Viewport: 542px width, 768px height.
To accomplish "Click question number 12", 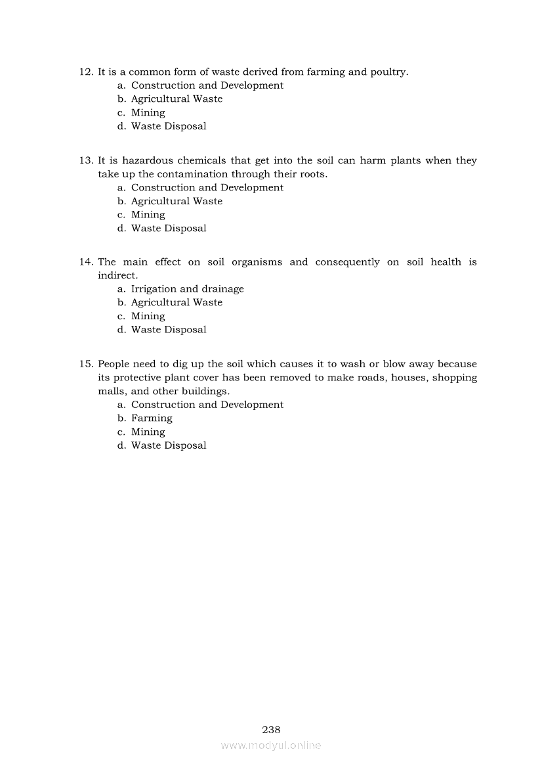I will pyautogui.click(x=87, y=72).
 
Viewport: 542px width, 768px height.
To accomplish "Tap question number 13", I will pyautogui.click(x=87, y=160).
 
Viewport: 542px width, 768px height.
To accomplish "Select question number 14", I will pyautogui.click(x=87, y=262).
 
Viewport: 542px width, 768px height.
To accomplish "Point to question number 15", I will pyautogui.click(x=87, y=364).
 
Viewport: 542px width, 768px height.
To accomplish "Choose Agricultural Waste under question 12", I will pyautogui.click(x=177, y=99).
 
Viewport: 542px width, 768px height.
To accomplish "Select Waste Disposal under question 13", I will pyautogui.click(x=169, y=229).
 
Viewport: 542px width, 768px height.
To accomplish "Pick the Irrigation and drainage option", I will pyautogui.click(x=187, y=289).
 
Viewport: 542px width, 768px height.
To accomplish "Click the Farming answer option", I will pyautogui.click(x=152, y=418).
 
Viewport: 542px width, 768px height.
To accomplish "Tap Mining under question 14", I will pyautogui.click(x=148, y=317).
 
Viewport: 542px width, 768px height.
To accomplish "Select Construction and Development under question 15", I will pyautogui.click(x=207, y=405).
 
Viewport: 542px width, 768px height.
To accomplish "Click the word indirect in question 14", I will pyautogui.click(x=117, y=276).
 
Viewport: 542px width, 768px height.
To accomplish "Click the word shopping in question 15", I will pyautogui.click(x=455, y=378).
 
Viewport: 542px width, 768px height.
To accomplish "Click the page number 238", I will pyautogui.click(x=271, y=729).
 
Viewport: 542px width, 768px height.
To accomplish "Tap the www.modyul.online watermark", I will pyautogui.click(x=271, y=745).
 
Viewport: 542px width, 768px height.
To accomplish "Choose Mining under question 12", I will pyautogui.click(x=148, y=113).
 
